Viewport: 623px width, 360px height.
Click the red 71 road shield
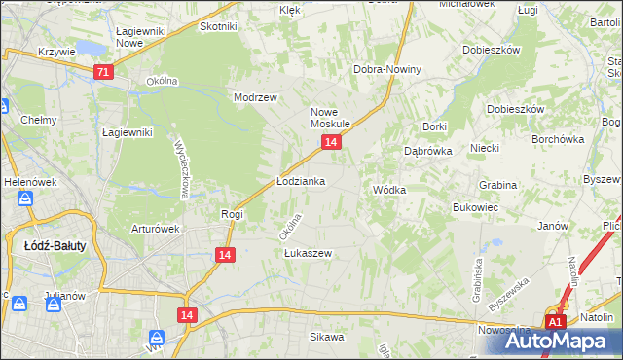pos(104,72)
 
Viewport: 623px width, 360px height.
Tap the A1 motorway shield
pos(555,322)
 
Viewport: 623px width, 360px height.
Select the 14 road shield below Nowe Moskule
pos(332,143)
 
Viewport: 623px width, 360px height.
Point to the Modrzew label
pos(256,97)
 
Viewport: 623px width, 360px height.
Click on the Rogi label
pos(232,213)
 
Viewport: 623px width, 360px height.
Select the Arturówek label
pos(157,230)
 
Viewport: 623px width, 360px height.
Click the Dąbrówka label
pos(425,151)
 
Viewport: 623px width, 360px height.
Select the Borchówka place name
pos(558,138)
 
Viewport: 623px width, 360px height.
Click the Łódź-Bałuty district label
pos(55,245)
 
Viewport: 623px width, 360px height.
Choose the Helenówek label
pos(26,181)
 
